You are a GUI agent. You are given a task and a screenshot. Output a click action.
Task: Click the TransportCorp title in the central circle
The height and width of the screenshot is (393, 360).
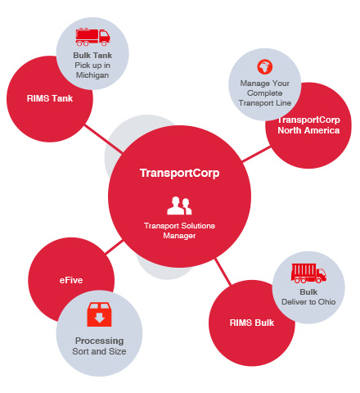pos(179,173)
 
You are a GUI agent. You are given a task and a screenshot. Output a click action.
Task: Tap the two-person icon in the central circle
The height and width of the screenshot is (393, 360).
pos(179,206)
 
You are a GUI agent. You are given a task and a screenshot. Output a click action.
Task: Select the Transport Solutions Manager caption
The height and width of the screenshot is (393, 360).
pos(179,231)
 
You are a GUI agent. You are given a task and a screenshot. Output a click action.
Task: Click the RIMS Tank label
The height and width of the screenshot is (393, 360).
pos(50,98)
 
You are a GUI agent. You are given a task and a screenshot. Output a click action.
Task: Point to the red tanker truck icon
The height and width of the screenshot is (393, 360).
pos(92,37)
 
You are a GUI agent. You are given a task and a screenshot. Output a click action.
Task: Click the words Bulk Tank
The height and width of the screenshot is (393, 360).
pos(92,56)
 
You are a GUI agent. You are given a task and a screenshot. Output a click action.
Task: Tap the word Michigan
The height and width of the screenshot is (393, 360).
pos(92,75)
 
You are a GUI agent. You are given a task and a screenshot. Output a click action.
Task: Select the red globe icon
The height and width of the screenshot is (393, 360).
pos(264,67)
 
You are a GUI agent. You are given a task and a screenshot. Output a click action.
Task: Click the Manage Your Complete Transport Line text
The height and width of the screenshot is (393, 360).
pos(265,93)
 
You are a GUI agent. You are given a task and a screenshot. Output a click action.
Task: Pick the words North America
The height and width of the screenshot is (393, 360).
pos(308,130)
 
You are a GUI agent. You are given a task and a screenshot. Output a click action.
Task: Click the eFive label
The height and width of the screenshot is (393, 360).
pos(71,280)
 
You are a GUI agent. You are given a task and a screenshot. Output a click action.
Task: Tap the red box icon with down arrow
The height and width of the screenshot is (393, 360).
pos(99,314)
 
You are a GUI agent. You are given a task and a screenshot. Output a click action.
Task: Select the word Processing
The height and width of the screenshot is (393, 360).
pos(99,341)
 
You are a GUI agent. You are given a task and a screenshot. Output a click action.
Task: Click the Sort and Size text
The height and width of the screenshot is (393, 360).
pos(99,351)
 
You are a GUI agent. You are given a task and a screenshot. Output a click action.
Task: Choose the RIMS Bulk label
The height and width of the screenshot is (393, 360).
pos(252,323)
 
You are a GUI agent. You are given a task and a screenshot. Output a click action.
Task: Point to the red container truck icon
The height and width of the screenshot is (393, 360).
pos(308,273)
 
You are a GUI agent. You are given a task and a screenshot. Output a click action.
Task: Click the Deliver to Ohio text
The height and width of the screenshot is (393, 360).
pos(308,302)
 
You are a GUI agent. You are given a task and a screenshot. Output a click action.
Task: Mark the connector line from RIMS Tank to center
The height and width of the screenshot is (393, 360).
pos(104,138)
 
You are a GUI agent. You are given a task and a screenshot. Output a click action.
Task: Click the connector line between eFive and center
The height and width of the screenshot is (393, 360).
pos(115,247)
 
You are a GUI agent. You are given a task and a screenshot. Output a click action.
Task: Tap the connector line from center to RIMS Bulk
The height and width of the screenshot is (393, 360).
pos(223,272)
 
